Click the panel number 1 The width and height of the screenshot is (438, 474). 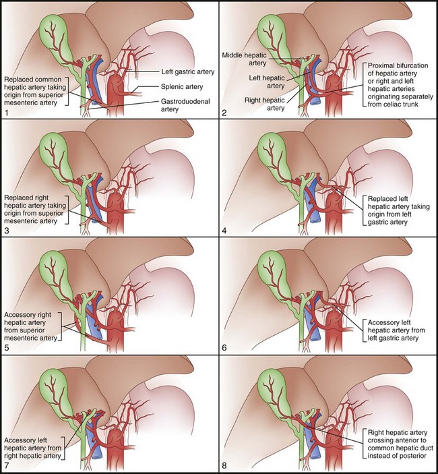[x=5, y=112]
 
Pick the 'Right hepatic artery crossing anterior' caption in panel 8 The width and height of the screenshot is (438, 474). [x=398, y=442]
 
